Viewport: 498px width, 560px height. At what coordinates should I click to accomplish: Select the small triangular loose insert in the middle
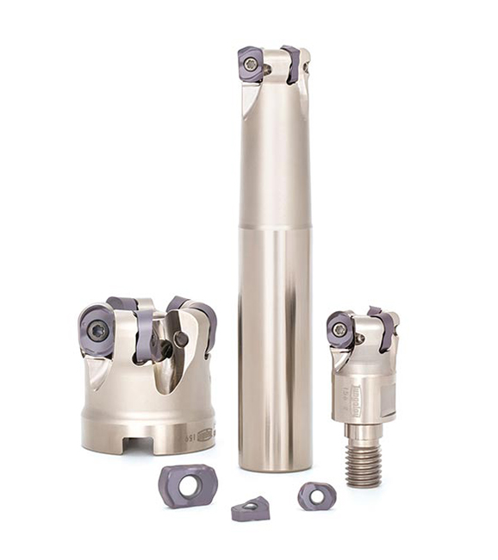tap(250, 510)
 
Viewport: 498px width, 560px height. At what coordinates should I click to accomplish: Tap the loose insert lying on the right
tap(315, 495)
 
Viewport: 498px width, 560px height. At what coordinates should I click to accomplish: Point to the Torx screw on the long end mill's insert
tap(251, 64)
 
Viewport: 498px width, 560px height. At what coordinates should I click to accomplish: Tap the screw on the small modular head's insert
tap(340, 330)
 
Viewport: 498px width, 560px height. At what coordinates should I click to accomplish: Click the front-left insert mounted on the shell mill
tap(96, 329)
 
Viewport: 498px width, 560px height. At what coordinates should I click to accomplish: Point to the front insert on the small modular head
tap(341, 330)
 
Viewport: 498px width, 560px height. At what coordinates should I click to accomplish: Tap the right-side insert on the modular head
tap(383, 329)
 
